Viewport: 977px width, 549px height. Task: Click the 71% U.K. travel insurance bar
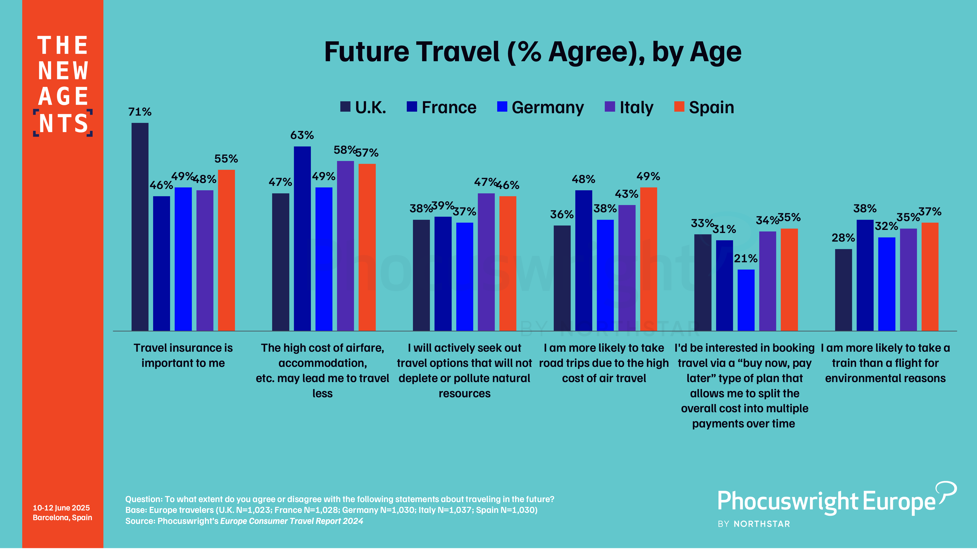click(x=140, y=227)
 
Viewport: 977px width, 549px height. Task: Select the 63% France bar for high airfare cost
click(x=302, y=238)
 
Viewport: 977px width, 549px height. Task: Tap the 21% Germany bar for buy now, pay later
click(x=746, y=300)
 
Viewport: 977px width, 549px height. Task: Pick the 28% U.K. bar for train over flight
click(x=843, y=290)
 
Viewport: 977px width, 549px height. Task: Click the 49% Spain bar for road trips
click(x=649, y=259)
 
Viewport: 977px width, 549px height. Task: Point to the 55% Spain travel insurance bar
click(x=226, y=250)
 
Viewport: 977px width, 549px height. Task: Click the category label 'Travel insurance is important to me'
click(x=183, y=355)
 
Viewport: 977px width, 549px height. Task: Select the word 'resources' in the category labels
click(x=465, y=393)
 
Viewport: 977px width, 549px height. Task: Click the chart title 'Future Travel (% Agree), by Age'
click(x=532, y=52)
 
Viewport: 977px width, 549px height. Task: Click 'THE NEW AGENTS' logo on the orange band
click(x=63, y=85)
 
